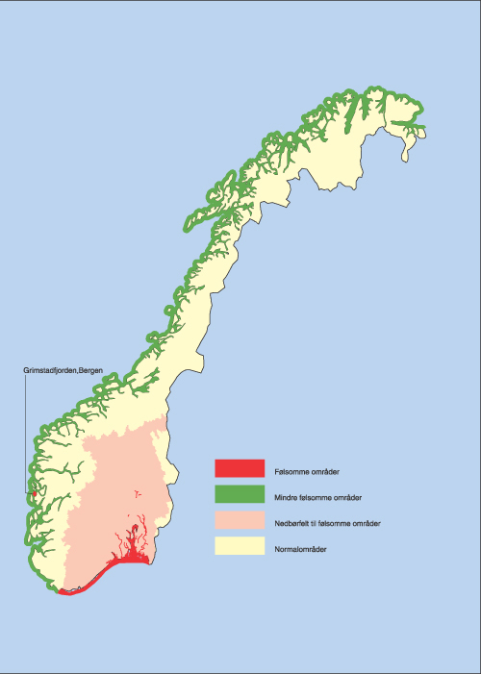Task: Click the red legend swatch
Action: pos(239,468)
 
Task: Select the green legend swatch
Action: pos(239,494)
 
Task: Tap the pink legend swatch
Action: pos(239,520)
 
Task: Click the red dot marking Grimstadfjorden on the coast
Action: pos(35,494)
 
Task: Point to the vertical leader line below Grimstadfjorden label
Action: pos(26,433)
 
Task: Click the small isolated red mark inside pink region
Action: pos(137,492)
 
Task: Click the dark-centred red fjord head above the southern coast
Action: pos(137,528)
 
